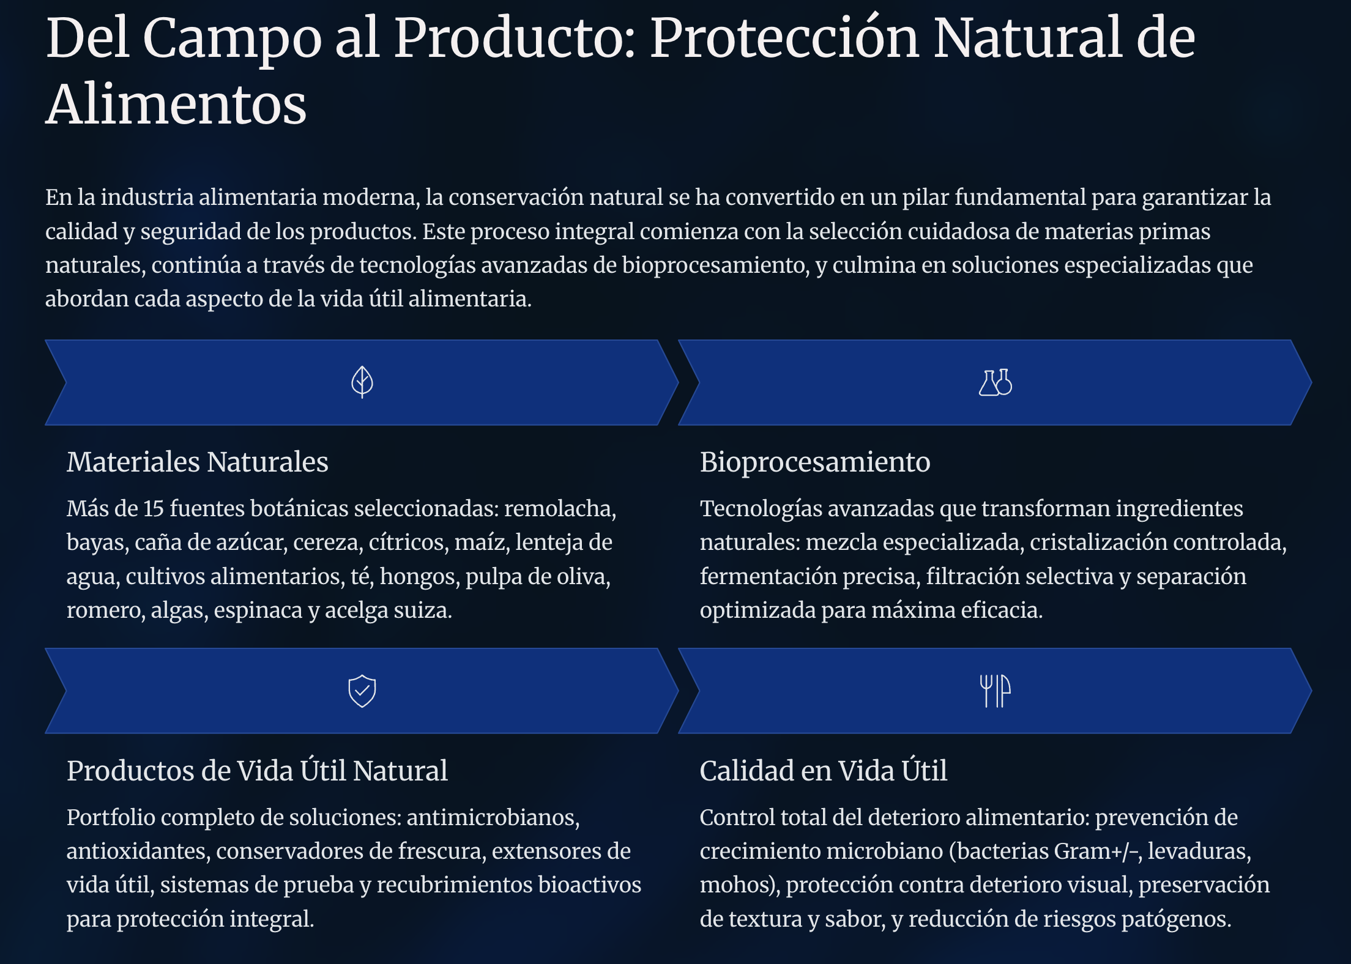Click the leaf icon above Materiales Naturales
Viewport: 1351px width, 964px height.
[362, 382]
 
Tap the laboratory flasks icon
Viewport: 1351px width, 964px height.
[996, 383]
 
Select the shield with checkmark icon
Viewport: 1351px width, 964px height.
[362, 691]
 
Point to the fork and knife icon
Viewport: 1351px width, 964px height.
[996, 691]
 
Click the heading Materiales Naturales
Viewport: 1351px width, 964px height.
[198, 462]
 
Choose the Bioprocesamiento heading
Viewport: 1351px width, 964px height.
[815, 462]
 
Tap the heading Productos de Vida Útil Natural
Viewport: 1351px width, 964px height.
[257, 770]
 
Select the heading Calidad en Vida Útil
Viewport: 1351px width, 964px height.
[824, 770]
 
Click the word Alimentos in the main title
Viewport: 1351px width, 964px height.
[176, 105]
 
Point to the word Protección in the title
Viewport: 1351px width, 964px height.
[784, 38]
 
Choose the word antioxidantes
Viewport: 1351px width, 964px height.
[139, 851]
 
